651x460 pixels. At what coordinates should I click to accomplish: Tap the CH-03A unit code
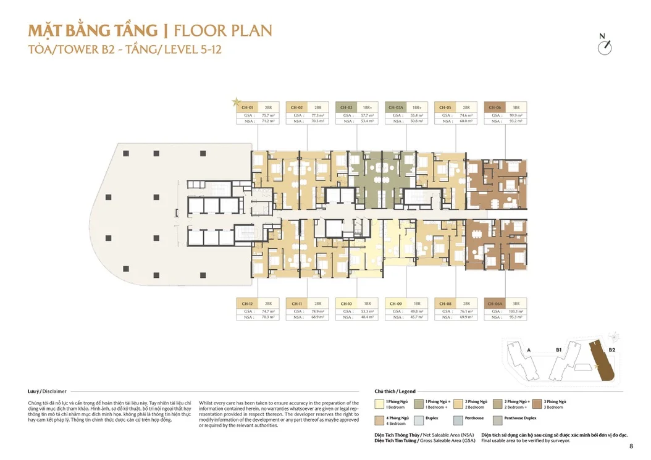click(x=396, y=107)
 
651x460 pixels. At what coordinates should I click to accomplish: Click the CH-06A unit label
click(x=495, y=304)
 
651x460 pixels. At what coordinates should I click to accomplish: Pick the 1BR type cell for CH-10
click(x=367, y=304)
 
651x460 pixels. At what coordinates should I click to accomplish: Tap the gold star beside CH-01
click(x=235, y=102)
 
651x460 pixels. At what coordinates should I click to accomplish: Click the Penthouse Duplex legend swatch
click(x=498, y=420)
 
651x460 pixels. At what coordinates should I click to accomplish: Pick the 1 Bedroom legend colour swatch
click(x=379, y=404)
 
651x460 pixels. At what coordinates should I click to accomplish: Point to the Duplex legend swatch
click(x=419, y=420)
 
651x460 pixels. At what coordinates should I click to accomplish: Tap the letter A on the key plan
click(x=529, y=350)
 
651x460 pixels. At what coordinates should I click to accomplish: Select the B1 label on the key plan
click(x=558, y=350)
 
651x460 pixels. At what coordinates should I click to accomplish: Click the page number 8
click(x=631, y=446)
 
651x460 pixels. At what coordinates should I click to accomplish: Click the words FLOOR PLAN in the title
click(x=223, y=31)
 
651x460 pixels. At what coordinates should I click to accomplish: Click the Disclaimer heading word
click(x=55, y=391)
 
